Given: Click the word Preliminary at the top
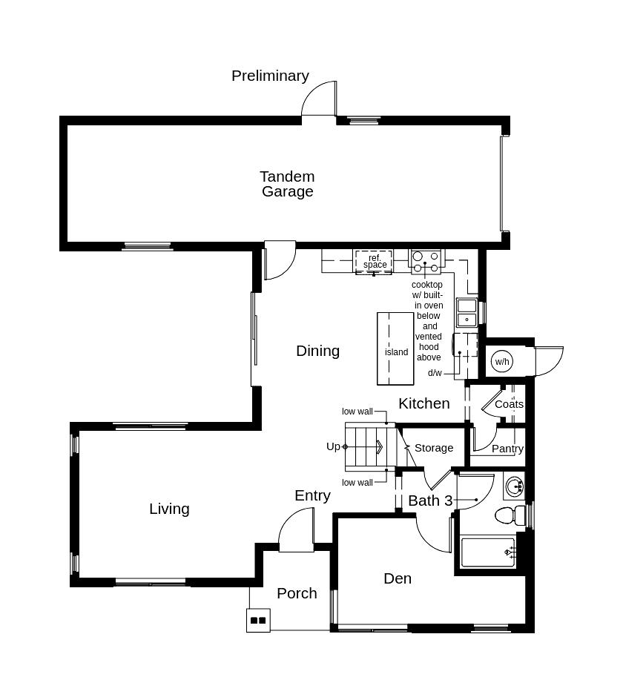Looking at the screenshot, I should (270, 76).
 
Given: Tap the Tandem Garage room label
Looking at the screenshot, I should (287, 184).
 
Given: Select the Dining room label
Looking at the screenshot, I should (317, 351).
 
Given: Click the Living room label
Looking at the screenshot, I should (169, 509).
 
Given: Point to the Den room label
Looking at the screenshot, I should (398, 578).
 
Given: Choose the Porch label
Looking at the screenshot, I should (297, 593).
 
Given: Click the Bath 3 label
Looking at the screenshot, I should (430, 501).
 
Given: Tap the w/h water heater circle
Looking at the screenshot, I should (502, 362).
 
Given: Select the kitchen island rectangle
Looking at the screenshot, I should (395, 349).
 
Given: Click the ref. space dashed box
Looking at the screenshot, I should (374, 262).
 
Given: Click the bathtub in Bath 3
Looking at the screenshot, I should (487, 552).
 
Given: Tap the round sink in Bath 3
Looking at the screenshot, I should (514, 487).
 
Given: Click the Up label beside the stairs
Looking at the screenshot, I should (333, 446).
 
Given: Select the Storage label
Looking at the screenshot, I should (434, 448).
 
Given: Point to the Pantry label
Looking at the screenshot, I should (507, 449).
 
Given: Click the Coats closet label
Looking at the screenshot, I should (509, 404).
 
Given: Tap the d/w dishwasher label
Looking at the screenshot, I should (435, 373).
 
